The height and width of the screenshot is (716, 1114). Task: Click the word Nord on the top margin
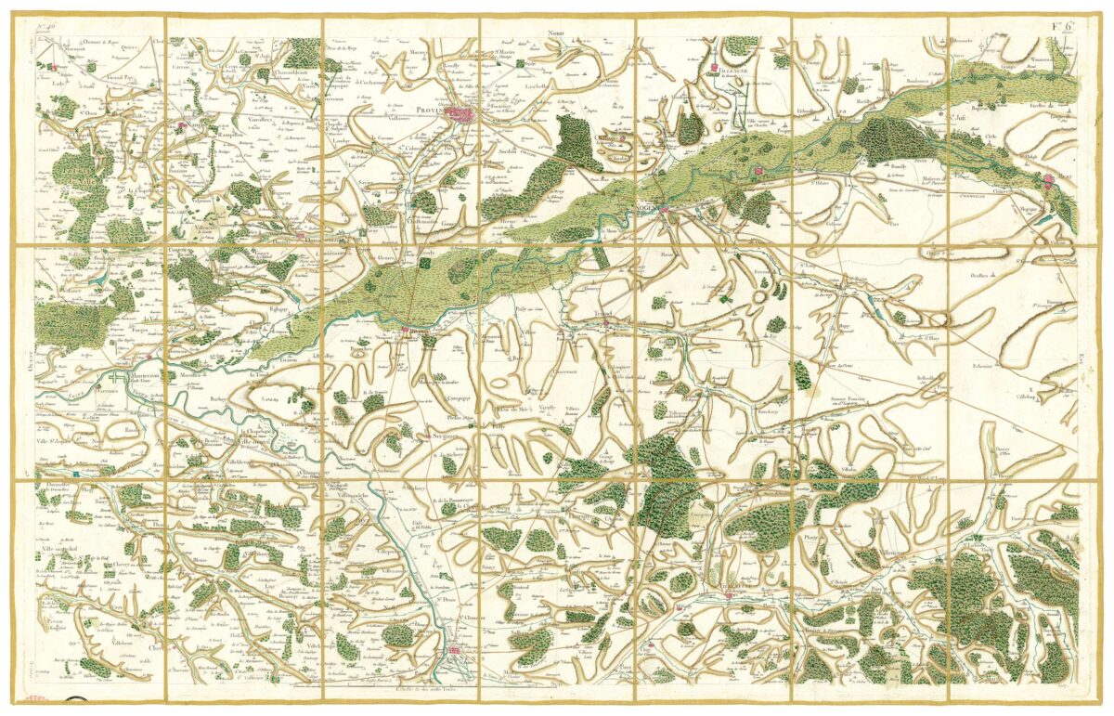(556, 33)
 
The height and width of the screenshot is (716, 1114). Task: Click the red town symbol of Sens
(454, 657)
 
